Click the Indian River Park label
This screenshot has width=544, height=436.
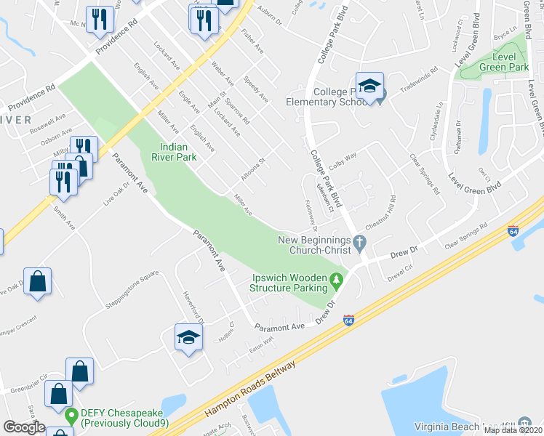click(x=174, y=151)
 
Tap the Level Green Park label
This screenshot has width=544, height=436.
click(x=500, y=62)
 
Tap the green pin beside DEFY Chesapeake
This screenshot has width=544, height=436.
click(x=71, y=417)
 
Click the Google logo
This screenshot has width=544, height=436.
click(x=24, y=427)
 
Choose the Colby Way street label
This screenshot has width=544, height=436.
click(x=343, y=157)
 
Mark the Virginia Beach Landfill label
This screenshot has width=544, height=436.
click(x=463, y=426)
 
